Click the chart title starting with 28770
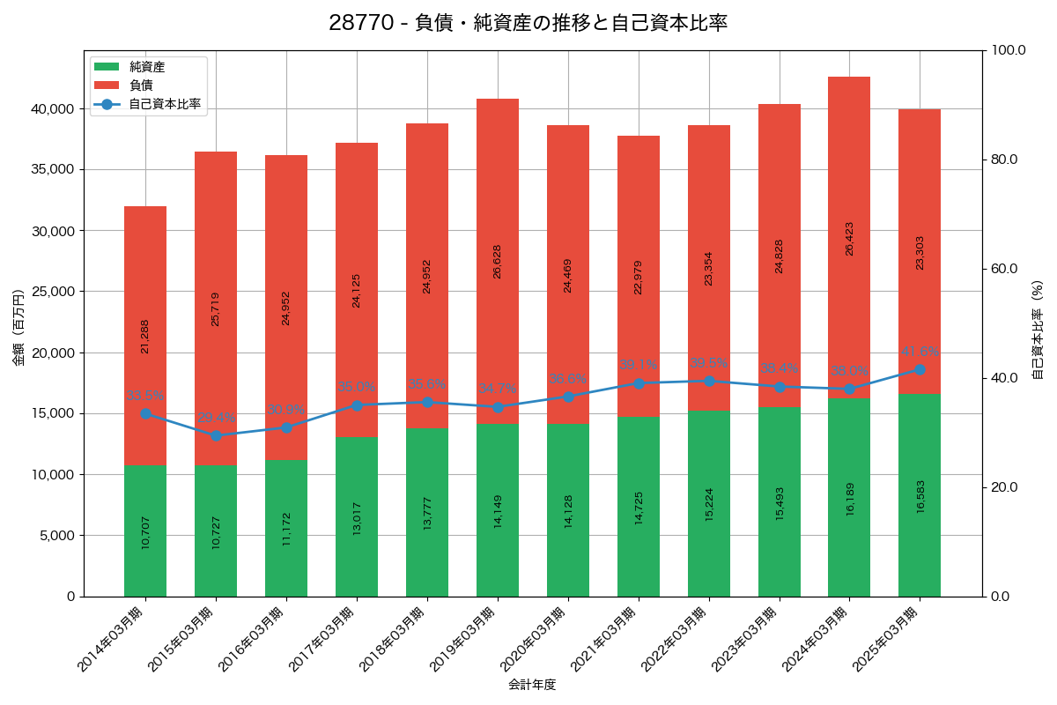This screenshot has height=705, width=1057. coord(528,23)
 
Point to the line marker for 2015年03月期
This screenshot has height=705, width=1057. coord(216,435)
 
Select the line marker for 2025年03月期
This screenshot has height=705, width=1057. coord(920,369)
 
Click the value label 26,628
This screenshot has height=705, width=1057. coord(498,262)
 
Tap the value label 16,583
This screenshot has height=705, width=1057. coord(920,520)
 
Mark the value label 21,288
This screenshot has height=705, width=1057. coord(145,337)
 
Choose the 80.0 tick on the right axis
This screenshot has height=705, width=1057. coord(1004,160)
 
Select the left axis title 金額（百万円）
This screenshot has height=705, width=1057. coord(18,327)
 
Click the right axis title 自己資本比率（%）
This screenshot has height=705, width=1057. coord(1038,330)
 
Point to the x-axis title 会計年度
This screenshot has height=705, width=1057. coord(532,685)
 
